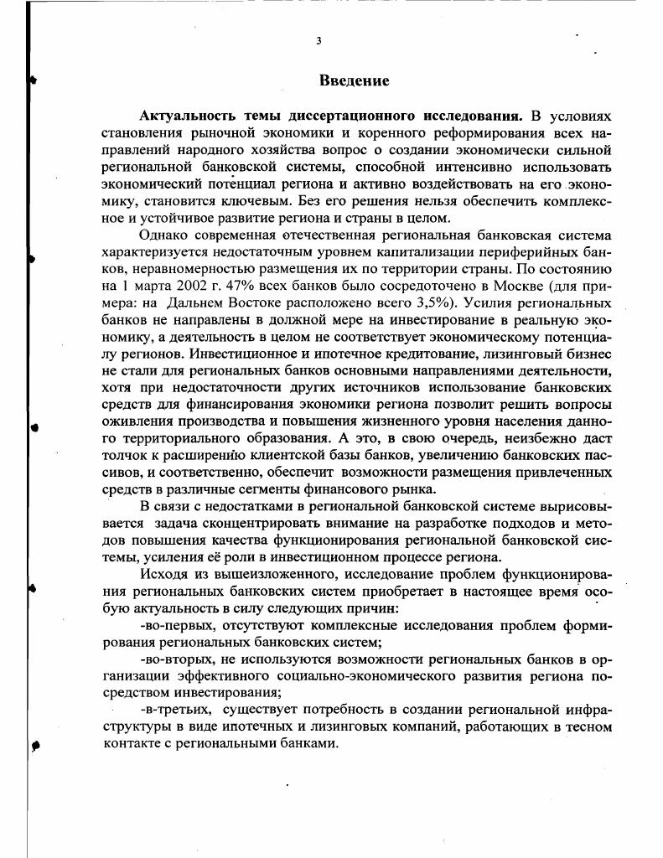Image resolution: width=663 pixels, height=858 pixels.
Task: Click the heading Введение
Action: pyautogui.click(x=354, y=80)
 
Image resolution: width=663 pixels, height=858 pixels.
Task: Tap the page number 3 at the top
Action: pyautogui.click(x=319, y=40)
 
